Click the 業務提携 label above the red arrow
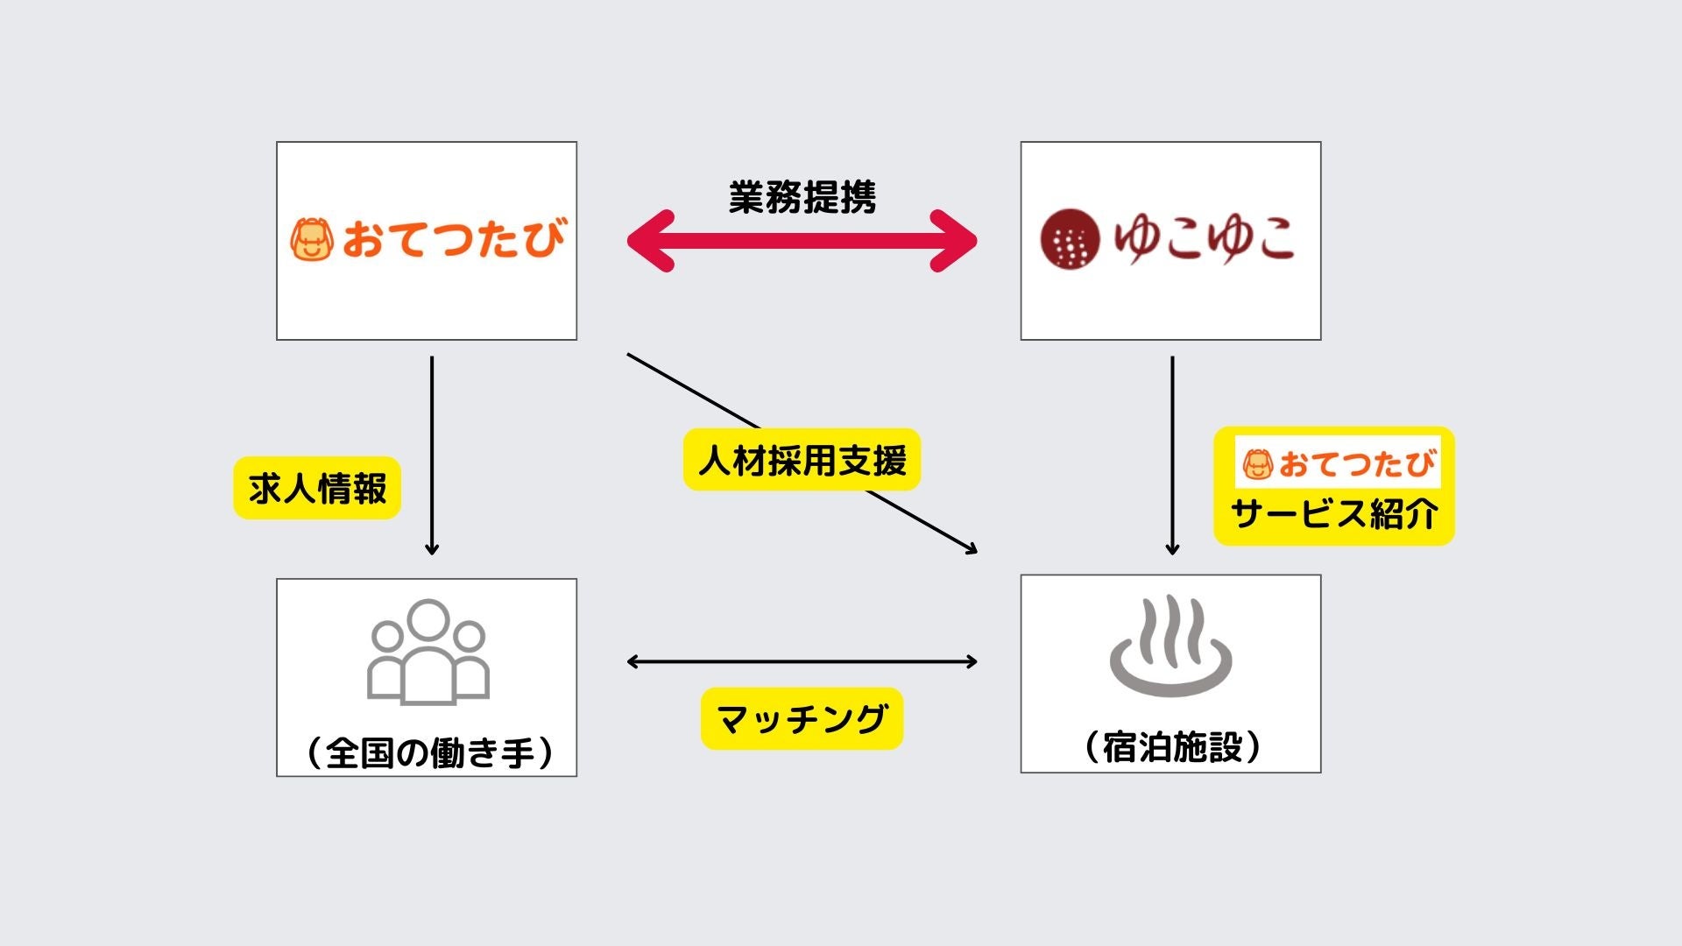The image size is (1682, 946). tap(802, 197)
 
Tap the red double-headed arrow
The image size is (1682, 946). tap(802, 240)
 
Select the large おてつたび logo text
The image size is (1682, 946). tap(453, 239)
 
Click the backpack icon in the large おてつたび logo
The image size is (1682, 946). tap(312, 239)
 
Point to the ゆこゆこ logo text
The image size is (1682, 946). tap(1204, 238)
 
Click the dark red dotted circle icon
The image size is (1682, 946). tap(1070, 238)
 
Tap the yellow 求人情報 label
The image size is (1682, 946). tap(317, 488)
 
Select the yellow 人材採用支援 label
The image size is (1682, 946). tap(802, 460)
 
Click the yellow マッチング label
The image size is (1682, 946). tap(802, 718)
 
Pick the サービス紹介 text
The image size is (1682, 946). tap(1333, 513)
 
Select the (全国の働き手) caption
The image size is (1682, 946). tap(429, 752)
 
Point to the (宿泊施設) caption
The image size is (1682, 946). tap(1172, 747)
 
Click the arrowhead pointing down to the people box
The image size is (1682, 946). tap(431, 549)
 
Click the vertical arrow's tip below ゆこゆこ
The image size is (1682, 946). tap(1172, 549)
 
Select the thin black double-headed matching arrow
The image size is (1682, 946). tap(802, 662)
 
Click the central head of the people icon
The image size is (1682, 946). tap(428, 620)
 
